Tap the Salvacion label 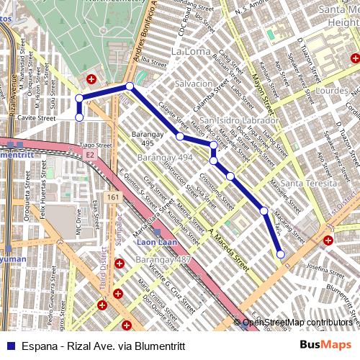[x=193, y=84]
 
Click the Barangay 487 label [x=163, y=258]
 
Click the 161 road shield [x=112, y=196]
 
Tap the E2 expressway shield [x=89, y=154]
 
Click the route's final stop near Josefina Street [x=280, y=253]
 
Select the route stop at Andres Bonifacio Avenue [x=130, y=87]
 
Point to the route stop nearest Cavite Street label [x=79, y=116]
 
